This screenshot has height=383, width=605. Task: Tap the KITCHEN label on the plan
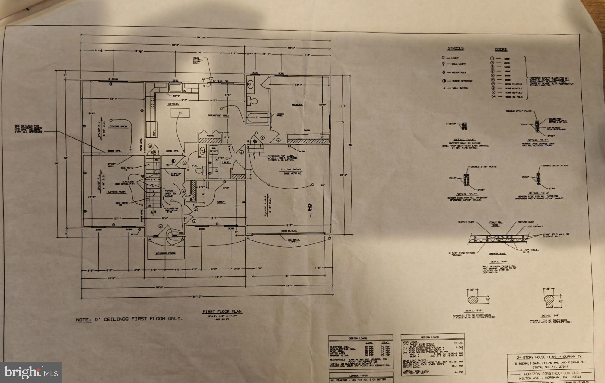pos(174,104)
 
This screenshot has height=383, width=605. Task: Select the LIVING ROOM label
pos(117,192)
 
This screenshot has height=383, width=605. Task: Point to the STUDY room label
pos(221,202)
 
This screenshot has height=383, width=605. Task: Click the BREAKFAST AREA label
pos(218,116)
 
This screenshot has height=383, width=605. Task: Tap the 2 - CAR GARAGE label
pos(291,169)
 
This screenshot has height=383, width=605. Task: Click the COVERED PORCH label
pos(166,253)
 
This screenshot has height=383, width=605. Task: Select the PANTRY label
pos(210,136)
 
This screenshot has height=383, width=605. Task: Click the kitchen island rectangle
pos(180,113)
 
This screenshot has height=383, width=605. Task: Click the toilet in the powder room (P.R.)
pos(199,171)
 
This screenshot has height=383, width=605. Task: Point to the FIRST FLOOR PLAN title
pos(222,311)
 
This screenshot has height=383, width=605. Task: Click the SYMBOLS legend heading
pos(455,49)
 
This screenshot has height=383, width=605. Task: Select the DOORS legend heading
pos(501,50)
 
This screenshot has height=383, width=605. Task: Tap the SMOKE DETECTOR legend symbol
pos(444,81)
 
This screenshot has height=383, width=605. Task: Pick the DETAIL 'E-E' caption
pos(499,262)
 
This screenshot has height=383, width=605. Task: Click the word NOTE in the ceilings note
pos(83,320)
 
